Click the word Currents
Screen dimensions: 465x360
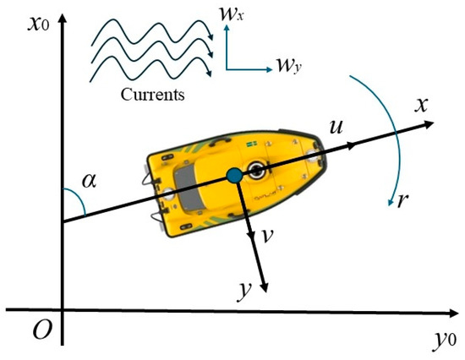(x=152, y=95)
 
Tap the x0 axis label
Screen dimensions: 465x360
(x=39, y=24)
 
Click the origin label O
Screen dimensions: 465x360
(x=42, y=330)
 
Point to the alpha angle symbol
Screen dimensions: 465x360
(x=90, y=180)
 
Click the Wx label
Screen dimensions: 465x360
(x=231, y=14)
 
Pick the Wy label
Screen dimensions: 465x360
(x=289, y=66)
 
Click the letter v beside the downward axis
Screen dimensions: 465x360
(x=268, y=236)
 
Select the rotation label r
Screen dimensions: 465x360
(x=403, y=200)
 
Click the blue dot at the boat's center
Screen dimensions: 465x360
(x=234, y=175)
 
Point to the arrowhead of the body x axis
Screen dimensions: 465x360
(x=429, y=123)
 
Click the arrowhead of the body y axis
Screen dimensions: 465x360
(x=264, y=287)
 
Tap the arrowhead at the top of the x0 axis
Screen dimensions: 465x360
(x=63, y=19)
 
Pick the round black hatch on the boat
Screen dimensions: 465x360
(x=256, y=170)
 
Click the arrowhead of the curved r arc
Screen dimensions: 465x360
(x=391, y=202)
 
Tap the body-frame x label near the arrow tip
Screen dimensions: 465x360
(x=421, y=105)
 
